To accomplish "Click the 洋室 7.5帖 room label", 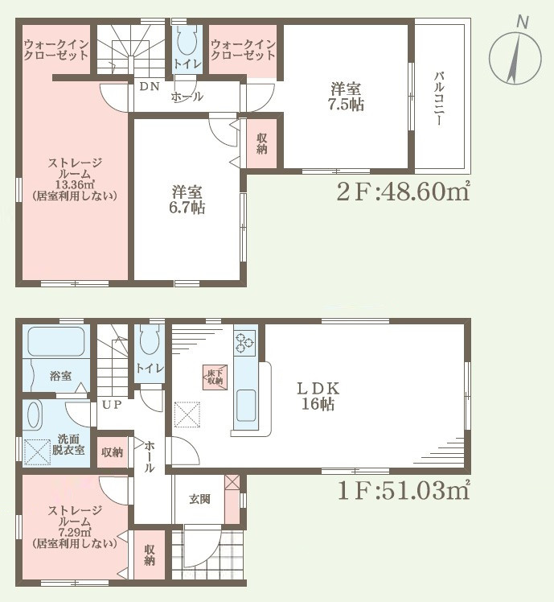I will tap(347, 95).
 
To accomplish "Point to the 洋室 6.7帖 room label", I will tap(187, 199).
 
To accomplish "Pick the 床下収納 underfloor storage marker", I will tap(214, 375).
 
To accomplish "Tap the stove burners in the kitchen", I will tap(245, 342).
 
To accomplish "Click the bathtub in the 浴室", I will tap(55, 343).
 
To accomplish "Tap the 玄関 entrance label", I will tap(199, 499).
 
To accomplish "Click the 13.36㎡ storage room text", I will tap(73, 184).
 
